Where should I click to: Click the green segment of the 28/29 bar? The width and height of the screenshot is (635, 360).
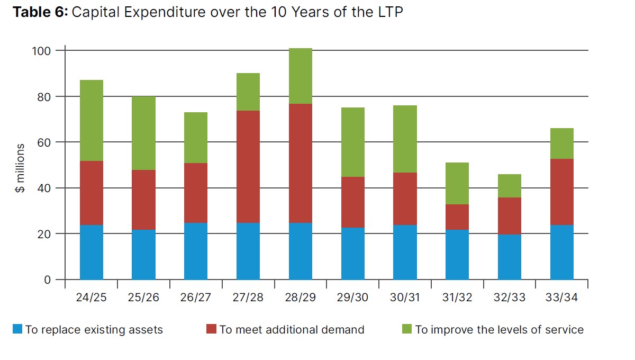pyautogui.click(x=301, y=76)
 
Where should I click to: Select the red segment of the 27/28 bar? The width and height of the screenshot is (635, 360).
pyautogui.click(x=248, y=167)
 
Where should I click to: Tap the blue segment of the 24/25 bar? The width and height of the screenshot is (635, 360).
pyautogui.click(x=92, y=252)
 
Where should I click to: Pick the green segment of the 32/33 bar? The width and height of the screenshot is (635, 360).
pyautogui.click(x=510, y=186)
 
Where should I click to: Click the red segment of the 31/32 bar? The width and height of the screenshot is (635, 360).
pyautogui.click(x=457, y=217)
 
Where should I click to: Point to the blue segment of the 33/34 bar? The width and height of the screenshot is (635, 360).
pyautogui.click(x=562, y=252)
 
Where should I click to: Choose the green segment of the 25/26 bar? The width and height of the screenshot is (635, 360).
pyautogui.click(x=143, y=133)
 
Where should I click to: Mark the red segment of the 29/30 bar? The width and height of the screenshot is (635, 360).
pyautogui.click(x=353, y=202)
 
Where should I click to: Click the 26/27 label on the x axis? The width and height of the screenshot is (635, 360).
pyautogui.click(x=195, y=298)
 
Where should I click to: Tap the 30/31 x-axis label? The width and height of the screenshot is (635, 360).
pyautogui.click(x=405, y=298)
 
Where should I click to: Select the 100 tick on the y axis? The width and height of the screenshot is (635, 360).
pyautogui.click(x=43, y=51)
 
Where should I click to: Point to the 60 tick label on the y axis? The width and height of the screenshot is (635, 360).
pyautogui.click(x=46, y=142)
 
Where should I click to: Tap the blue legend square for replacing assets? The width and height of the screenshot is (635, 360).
pyautogui.click(x=17, y=329)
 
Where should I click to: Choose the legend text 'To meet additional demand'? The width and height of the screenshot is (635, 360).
pyautogui.click(x=292, y=330)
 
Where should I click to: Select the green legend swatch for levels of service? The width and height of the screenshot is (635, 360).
pyautogui.click(x=407, y=329)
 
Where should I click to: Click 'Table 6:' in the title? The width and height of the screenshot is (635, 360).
pyautogui.click(x=40, y=12)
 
